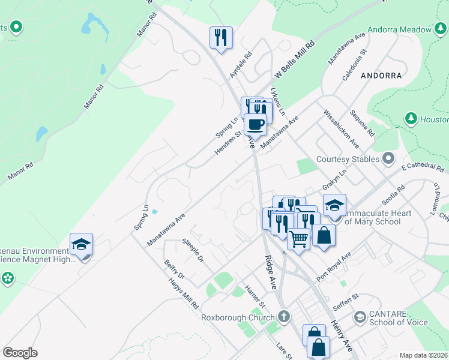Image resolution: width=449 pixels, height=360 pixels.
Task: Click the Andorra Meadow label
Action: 400,29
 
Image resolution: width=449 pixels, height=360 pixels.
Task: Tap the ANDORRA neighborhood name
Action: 381,76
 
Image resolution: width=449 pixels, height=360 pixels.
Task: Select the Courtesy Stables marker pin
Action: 388,159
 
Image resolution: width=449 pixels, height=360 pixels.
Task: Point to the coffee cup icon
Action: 255,124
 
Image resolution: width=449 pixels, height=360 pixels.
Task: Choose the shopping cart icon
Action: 298,239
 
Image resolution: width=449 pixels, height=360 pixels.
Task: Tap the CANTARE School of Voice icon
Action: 360,316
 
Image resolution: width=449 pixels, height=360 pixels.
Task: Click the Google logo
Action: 20,353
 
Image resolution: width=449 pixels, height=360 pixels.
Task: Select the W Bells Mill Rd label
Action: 295,59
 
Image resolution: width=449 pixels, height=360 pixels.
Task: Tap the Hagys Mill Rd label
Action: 184,293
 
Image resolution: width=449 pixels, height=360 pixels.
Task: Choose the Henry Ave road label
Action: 341,335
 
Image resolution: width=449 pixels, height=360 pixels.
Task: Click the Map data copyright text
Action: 424,355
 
